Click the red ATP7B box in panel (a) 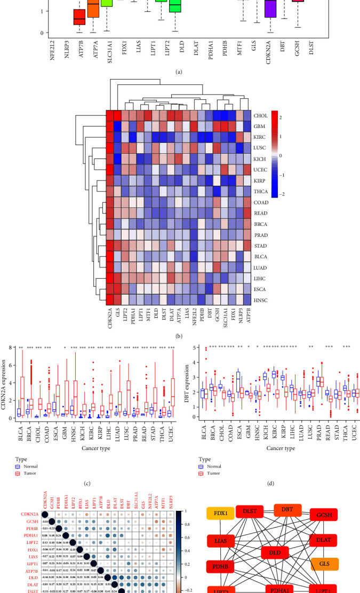coord(79,17)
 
